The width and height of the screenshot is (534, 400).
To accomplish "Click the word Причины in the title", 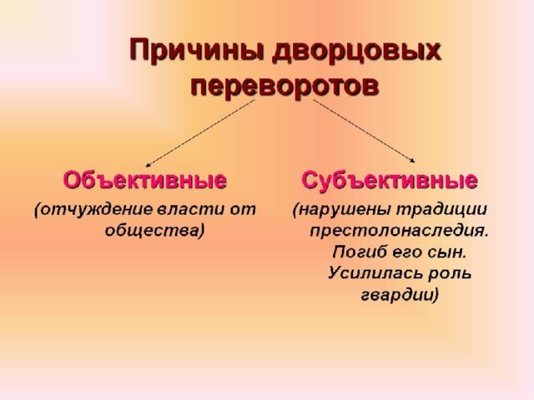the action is pos(198,50).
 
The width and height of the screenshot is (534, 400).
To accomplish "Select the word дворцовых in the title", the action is pos(356,52).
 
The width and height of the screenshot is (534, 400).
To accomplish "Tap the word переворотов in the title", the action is pos(285,87).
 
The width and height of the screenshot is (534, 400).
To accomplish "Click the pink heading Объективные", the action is pos(145,180).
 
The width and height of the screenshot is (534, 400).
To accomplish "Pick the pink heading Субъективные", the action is pos(390,180).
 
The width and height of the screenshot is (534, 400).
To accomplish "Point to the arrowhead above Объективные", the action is pos(148,166).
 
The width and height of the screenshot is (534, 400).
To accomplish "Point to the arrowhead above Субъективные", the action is pos(413,161).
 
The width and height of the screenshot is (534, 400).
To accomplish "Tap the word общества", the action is pos(152,230).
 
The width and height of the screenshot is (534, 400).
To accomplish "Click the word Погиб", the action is pos(360,252).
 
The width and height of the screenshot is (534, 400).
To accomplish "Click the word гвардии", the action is pos(396,295).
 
